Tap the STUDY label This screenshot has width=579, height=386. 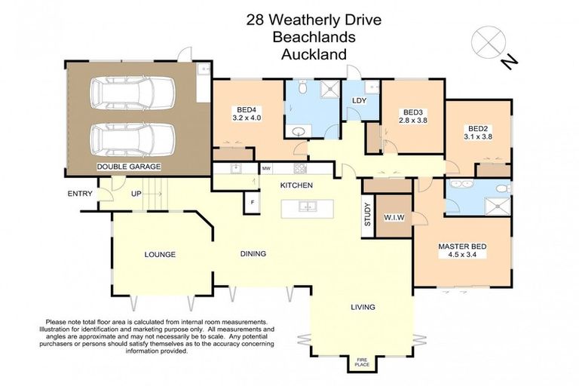point(368,216)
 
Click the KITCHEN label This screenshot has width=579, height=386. point(296,185)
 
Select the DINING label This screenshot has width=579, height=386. point(253,254)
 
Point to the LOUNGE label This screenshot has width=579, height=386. point(160,255)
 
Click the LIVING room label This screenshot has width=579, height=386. point(363,307)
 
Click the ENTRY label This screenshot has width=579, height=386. point(80,194)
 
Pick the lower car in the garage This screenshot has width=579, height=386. point(133,138)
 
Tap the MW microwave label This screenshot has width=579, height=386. point(266,168)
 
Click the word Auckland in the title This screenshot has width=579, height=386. point(314,54)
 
